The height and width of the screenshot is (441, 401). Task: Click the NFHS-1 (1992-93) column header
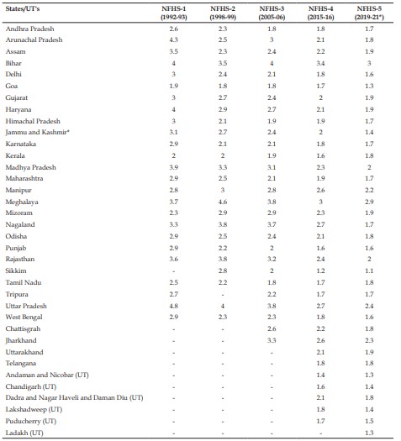click(174, 13)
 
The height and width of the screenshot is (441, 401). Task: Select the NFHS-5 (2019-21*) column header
click(369, 13)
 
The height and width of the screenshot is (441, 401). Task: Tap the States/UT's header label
click(23, 8)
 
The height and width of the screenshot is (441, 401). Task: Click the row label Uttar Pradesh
click(26, 306)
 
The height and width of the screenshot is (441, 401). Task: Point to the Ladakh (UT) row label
click(24, 433)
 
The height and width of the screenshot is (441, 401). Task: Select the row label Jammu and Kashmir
click(38, 132)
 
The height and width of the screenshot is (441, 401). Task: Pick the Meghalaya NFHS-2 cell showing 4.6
click(223, 202)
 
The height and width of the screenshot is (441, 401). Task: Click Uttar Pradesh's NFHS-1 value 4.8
click(174, 306)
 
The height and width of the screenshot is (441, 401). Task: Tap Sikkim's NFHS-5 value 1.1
click(369, 270)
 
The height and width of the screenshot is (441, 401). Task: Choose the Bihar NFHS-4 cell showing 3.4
click(320, 63)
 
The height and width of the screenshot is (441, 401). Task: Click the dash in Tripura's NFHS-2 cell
click(223, 295)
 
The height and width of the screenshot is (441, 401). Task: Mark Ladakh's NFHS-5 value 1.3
click(369, 433)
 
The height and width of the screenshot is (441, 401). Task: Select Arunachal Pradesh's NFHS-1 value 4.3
click(174, 39)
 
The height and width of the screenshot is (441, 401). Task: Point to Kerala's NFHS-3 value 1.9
click(272, 155)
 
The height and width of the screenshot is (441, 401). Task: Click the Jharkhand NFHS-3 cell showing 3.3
click(272, 340)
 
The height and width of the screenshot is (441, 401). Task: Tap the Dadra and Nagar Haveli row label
click(74, 397)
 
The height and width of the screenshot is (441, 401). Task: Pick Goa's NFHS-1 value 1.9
click(174, 86)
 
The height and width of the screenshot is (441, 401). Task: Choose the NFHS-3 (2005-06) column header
click(272, 13)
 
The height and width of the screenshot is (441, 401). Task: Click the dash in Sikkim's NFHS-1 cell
click(174, 271)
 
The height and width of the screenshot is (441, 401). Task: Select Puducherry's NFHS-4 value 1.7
click(320, 421)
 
